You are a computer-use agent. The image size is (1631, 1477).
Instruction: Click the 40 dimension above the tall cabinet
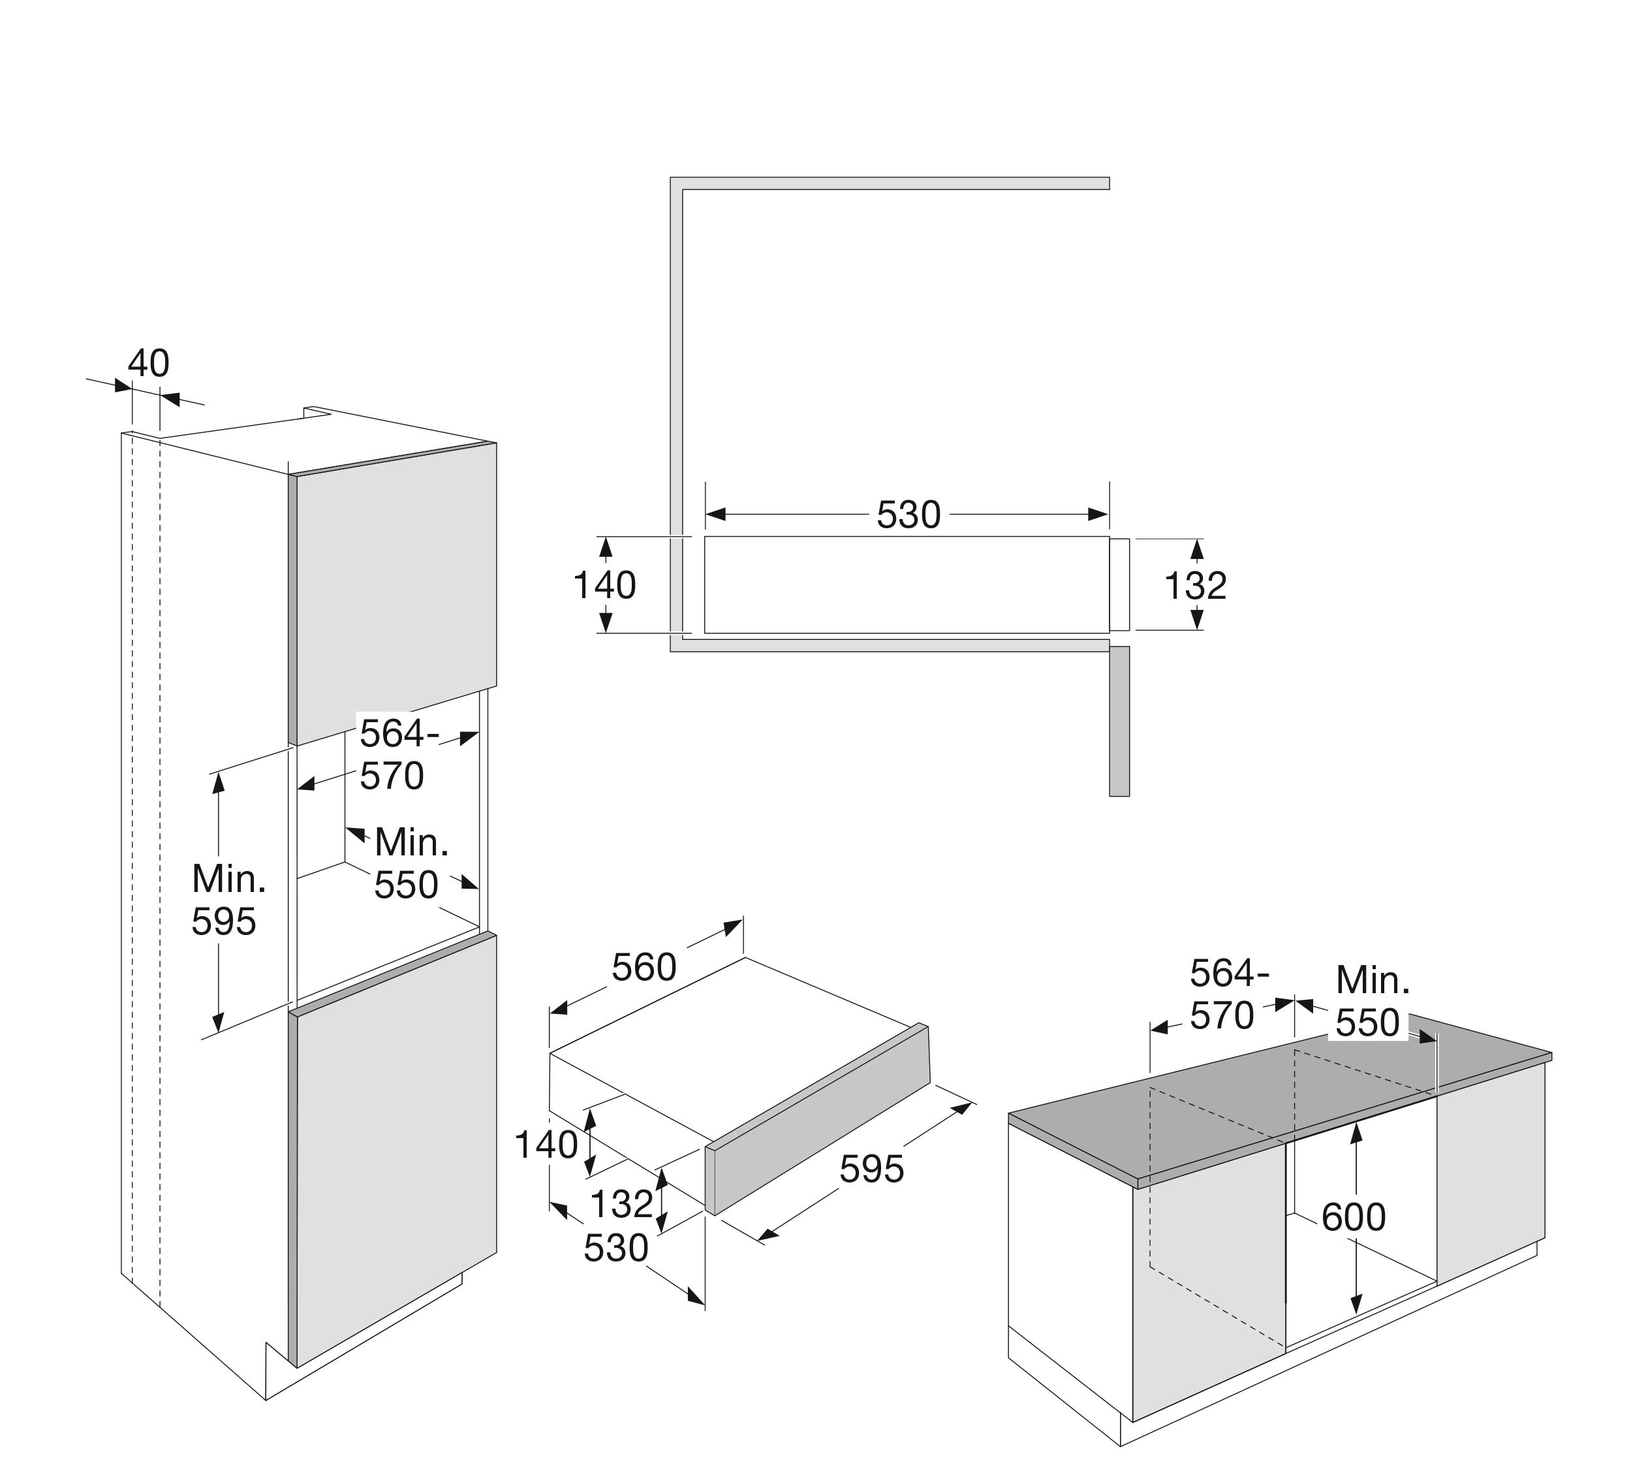pos(149,364)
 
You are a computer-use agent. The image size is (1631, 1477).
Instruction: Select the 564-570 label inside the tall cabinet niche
pos(396,754)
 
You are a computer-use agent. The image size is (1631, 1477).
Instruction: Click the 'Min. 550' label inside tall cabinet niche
pos(410,863)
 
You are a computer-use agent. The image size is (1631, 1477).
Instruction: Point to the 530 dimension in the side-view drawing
pos(908,515)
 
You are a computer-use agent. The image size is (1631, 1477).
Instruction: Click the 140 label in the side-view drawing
pos(604,585)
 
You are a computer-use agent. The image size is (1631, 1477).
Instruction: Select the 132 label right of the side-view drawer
pos(1195,586)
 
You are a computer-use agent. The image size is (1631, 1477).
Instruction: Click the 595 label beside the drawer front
pos(871,1169)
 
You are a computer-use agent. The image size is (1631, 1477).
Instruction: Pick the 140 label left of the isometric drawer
pos(546,1145)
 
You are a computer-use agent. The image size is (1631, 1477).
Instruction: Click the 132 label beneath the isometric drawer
pos(621,1203)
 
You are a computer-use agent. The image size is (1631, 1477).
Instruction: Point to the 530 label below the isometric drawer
pos(615,1248)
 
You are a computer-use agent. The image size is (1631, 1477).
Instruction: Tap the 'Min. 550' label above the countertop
pos(1372,1001)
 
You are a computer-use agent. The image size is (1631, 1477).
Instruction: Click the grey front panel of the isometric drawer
pos(817,1121)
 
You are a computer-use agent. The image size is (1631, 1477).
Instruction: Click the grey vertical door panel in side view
pos(1119,720)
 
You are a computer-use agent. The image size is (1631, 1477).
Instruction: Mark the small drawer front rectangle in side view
pos(1119,584)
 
